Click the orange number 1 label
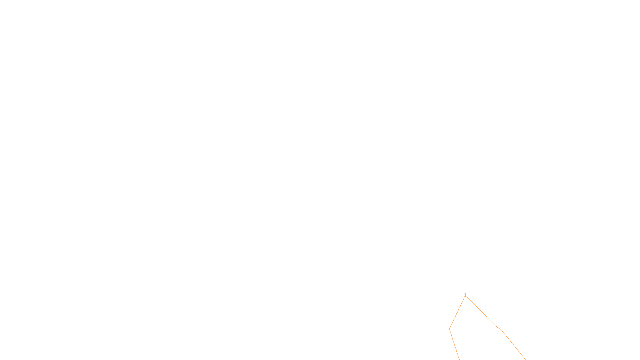point(465,295)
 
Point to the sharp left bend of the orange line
point(450,329)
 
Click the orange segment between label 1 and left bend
point(457,313)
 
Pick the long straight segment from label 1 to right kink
point(481,312)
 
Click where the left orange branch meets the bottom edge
point(459,359)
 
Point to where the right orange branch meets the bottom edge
point(525,359)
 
